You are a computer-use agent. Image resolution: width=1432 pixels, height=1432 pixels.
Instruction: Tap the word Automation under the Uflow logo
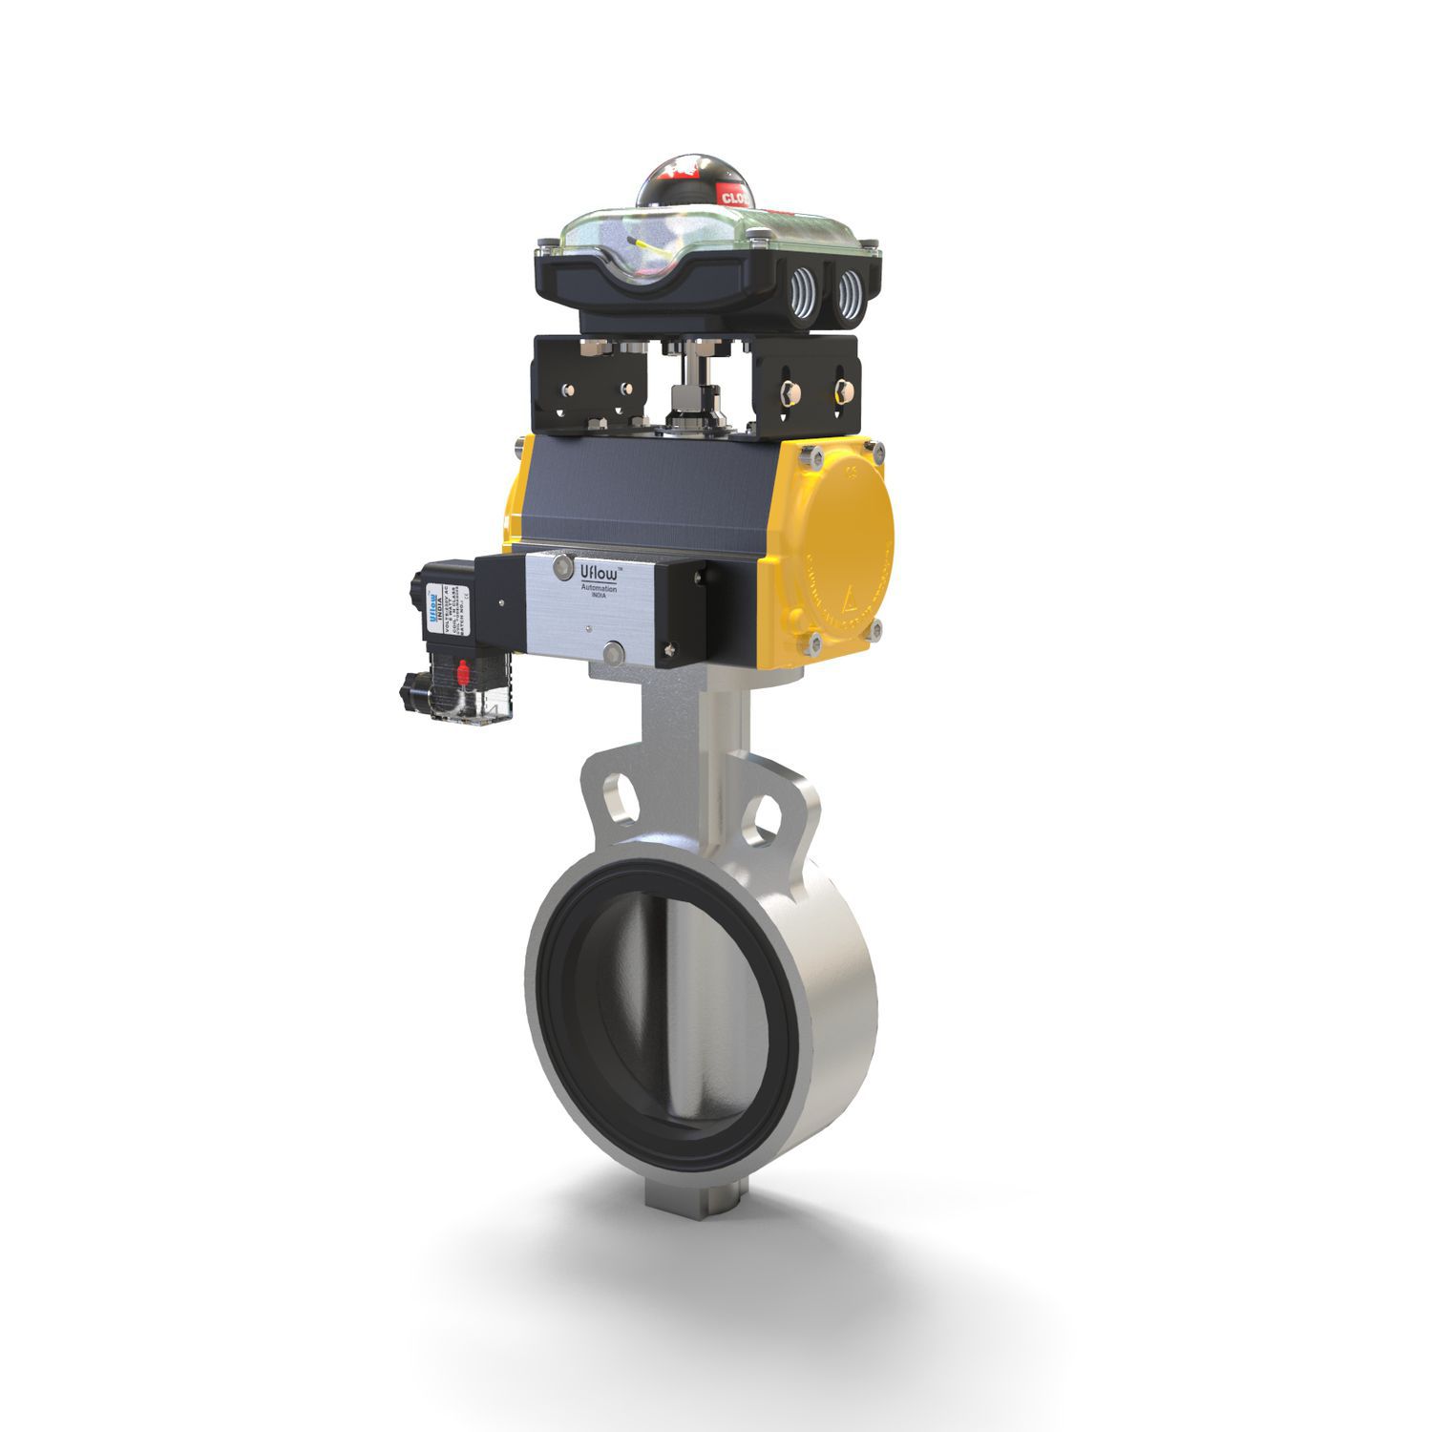coord(599,591)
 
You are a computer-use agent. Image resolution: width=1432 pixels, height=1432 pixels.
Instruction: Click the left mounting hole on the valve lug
coord(614,791)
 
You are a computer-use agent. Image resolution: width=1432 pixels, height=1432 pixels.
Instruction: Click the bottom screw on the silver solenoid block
coord(612,653)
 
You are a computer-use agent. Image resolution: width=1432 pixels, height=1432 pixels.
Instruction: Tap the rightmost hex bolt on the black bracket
coord(844,389)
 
